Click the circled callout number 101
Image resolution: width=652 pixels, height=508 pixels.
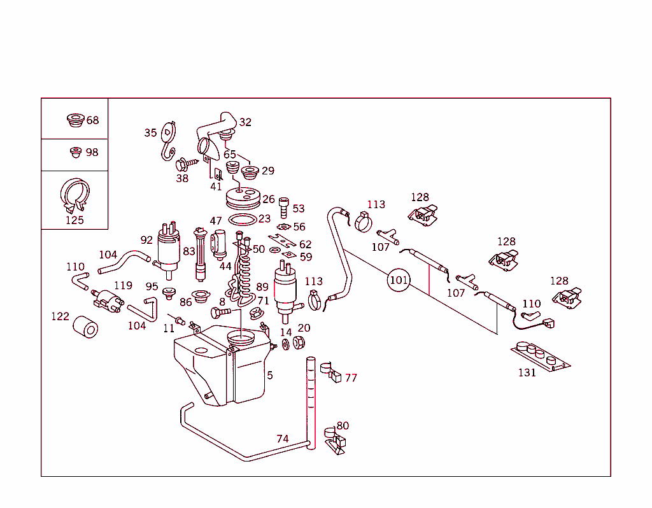(x=399, y=279)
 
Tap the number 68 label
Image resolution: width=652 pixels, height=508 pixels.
(x=93, y=120)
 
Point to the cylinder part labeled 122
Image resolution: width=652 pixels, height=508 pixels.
(x=85, y=328)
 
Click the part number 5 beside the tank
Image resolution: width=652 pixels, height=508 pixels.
(x=270, y=376)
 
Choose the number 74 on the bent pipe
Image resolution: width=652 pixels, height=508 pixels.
(x=283, y=439)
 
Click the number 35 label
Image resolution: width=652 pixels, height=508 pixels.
(x=150, y=133)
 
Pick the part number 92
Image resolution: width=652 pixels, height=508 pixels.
(x=147, y=240)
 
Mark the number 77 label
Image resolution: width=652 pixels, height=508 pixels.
(x=351, y=378)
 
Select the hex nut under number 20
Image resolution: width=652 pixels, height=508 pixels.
(x=299, y=342)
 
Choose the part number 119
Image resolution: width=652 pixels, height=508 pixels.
(x=123, y=285)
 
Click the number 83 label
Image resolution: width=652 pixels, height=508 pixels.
(x=189, y=251)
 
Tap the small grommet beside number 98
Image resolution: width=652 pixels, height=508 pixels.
(x=76, y=152)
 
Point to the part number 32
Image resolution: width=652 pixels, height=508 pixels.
(x=245, y=122)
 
